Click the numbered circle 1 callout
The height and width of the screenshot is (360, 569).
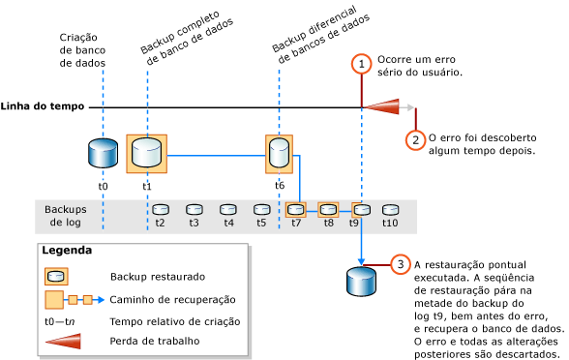(361, 64)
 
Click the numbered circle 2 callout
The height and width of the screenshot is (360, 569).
(415, 139)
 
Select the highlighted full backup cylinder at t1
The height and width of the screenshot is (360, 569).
(147, 153)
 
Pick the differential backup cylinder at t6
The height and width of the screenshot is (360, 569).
(279, 153)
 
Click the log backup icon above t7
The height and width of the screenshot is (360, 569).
(296, 209)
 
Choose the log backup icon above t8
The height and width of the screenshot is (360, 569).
(328, 209)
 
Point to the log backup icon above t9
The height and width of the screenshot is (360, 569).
(361, 209)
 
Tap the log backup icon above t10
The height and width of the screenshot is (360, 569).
(391, 209)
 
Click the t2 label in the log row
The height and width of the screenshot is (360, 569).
(161, 223)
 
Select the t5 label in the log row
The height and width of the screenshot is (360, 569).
(261, 223)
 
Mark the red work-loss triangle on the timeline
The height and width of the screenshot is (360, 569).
(386, 106)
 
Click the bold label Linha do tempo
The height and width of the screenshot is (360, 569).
(43, 106)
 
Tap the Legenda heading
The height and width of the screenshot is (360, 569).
(67, 251)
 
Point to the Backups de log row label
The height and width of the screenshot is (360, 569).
(66, 216)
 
